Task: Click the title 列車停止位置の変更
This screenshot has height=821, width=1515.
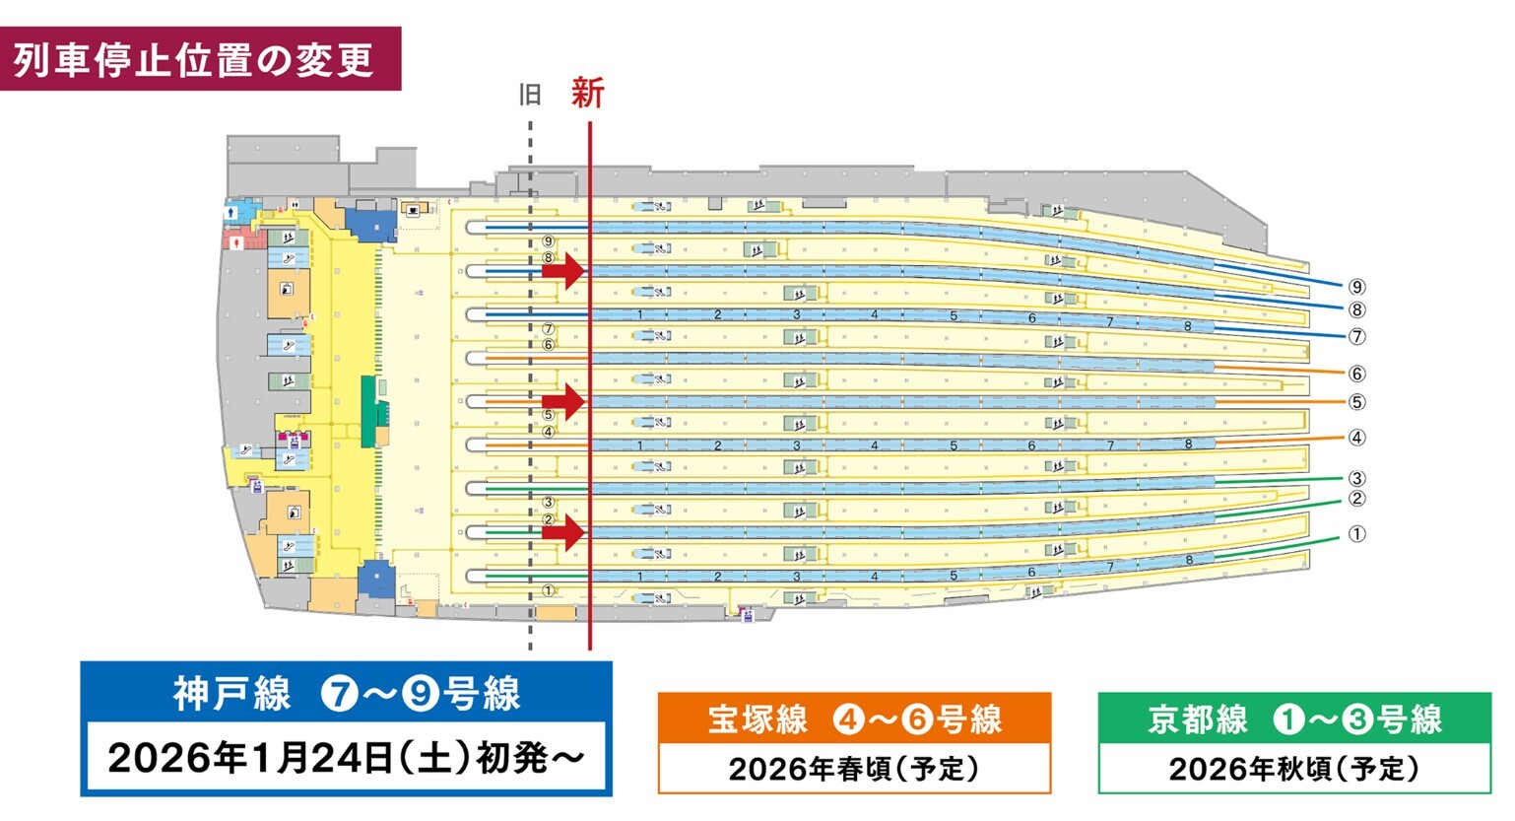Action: click(x=194, y=59)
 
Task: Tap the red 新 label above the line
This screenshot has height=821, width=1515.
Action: click(x=587, y=94)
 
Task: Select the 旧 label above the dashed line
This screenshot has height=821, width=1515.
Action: click(x=530, y=95)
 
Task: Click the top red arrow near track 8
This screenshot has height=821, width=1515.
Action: click(x=564, y=270)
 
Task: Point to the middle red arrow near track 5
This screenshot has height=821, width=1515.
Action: click(x=564, y=401)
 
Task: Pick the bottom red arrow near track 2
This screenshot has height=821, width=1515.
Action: click(x=564, y=532)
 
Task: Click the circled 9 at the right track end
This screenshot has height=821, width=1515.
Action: click(x=1357, y=287)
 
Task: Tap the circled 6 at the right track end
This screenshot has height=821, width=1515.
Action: click(x=1357, y=374)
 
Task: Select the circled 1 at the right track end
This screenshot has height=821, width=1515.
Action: click(x=1357, y=534)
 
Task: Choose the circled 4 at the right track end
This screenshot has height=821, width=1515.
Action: click(x=1357, y=438)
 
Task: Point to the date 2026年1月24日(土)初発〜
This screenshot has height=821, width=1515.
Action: click(x=346, y=758)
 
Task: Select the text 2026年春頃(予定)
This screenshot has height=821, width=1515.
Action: click(x=854, y=769)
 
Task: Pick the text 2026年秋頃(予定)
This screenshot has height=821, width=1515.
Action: click(x=1294, y=769)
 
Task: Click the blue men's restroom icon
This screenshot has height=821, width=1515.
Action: click(x=232, y=210)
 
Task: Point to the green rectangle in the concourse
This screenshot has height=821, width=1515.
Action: click(x=368, y=411)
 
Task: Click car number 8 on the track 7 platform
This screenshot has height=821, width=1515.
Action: click(x=1188, y=326)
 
